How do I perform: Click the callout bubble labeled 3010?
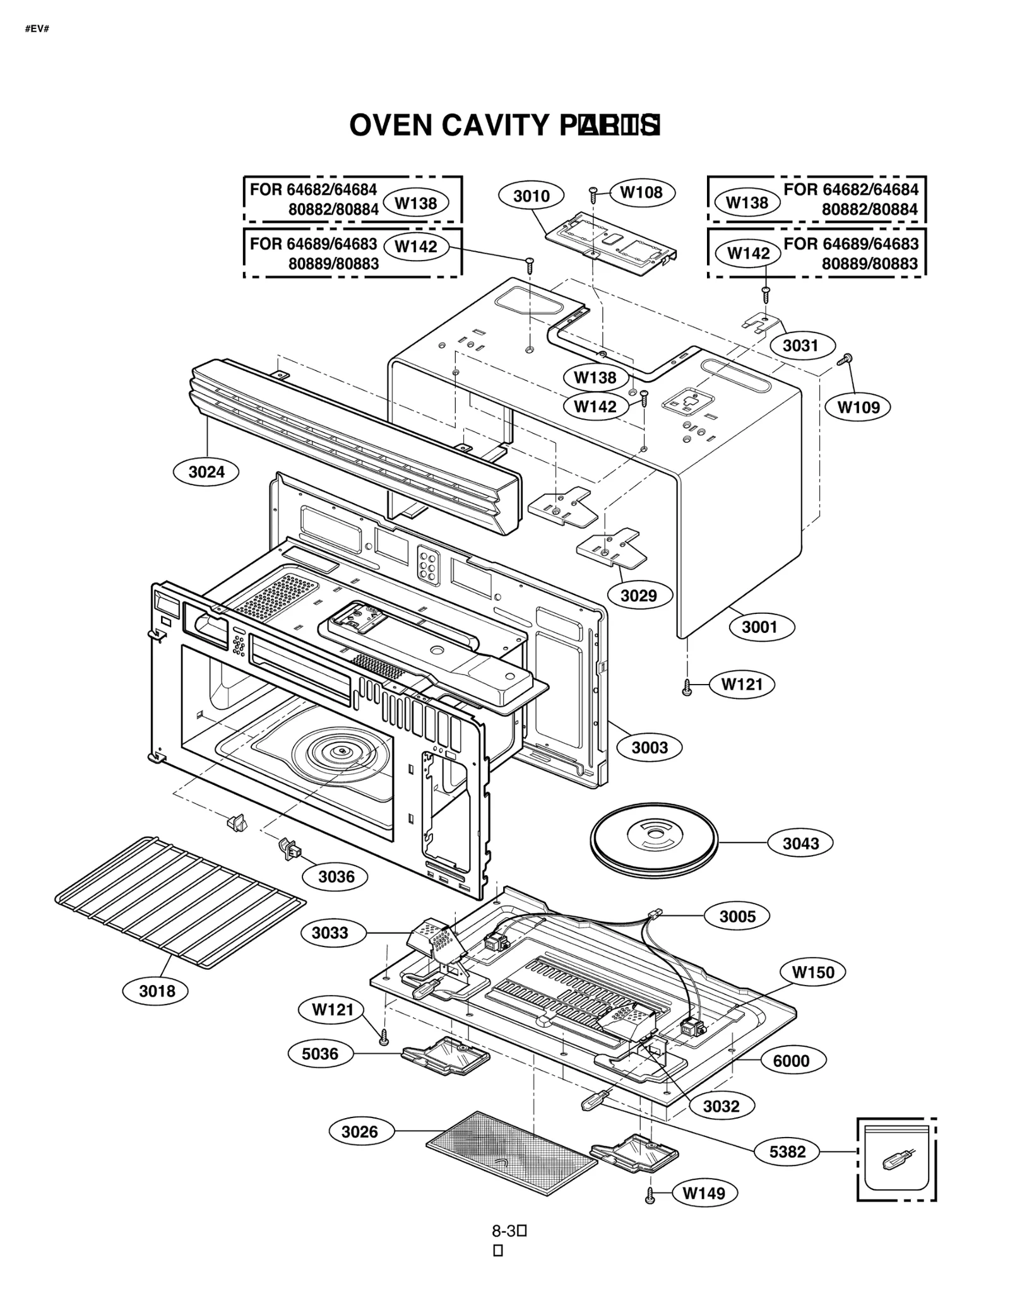531,196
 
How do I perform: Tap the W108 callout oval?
641,192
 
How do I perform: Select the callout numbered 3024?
206,472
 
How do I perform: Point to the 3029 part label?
638,596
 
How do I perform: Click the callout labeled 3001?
759,627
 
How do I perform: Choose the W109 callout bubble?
858,408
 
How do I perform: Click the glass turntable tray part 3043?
653,841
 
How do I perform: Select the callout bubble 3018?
157,991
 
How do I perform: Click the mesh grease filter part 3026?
511,1153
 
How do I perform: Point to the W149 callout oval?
704,1193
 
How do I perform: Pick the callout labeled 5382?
787,1152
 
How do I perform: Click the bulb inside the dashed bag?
896,1160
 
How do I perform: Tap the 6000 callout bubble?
791,1061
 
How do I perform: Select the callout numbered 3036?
336,876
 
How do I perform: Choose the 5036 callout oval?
320,1054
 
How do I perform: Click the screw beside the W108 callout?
593,194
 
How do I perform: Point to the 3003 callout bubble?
650,748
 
